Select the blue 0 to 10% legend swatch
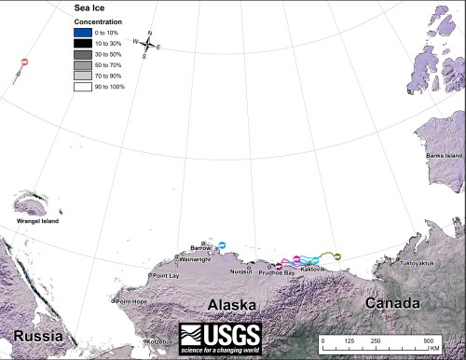(x=85, y=34)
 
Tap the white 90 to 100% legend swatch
(x=85, y=86)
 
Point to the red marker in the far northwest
(x=24, y=63)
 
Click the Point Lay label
(x=165, y=276)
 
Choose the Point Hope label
(x=131, y=301)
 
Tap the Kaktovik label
(x=312, y=270)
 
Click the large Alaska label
(x=225, y=305)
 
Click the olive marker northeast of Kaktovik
(x=337, y=256)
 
